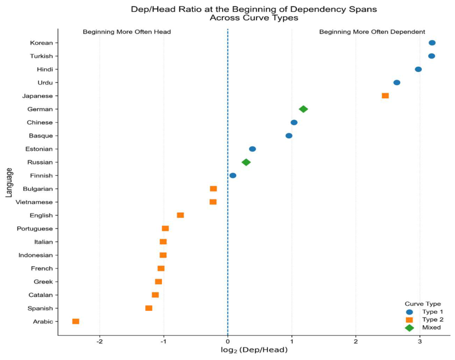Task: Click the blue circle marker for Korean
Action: coord(432,43)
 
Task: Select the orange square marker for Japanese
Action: coord(385,96)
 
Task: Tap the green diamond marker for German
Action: coord(303,109)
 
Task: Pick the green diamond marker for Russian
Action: coord(246,162)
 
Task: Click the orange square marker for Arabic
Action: coord(75,321)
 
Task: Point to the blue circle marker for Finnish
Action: coord(233,175)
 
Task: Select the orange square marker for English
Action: coord(180,215)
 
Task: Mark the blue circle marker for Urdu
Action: coord(397,82)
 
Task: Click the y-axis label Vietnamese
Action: coord(34,202)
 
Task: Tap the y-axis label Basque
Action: coord(41,136)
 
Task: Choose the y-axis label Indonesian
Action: coord(36,255)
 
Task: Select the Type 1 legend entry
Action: coord(424,312)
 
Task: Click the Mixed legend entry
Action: coord(423,327)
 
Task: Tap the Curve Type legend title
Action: coord(423,304)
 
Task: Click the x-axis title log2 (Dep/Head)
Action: coord(254,350)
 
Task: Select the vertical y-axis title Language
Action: coord(9,183)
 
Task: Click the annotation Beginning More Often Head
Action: coord(127,32)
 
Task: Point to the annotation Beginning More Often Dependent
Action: coord(372,32)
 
